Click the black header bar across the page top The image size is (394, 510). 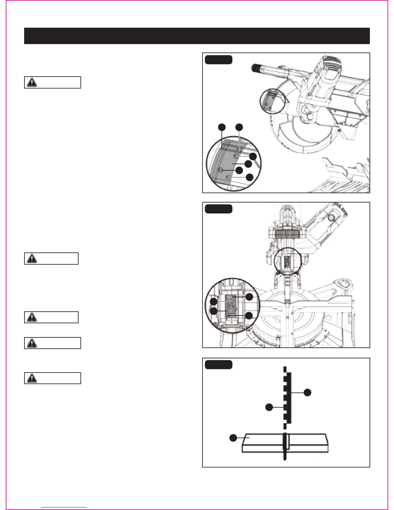[x=197, y=36]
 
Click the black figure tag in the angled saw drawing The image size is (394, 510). [x=219, y=60]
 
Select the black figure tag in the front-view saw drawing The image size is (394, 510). [x=219, y=209]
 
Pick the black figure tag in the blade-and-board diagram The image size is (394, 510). [x=219, y=364]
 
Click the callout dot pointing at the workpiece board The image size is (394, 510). [x=233, y=438]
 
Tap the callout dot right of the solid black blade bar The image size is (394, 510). [x=308, y=392]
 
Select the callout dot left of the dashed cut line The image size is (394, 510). [x=269, y=407]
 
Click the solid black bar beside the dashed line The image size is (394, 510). [x=289, y=398]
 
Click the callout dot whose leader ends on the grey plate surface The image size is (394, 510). [x=248, y=164]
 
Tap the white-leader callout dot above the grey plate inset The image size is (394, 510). [x=239, y=127]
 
